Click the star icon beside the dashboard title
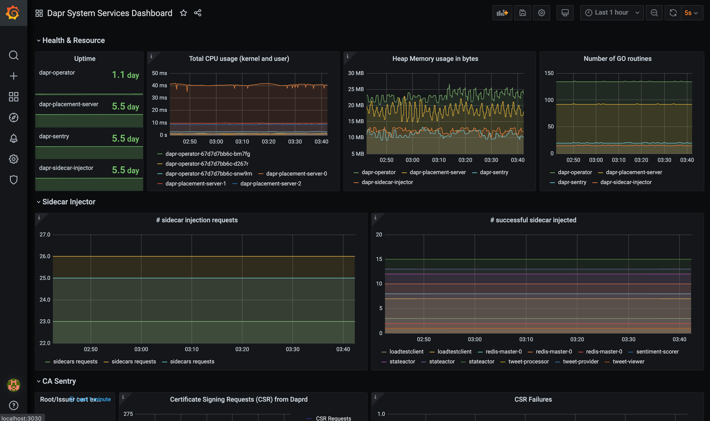[184, 13]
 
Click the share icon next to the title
[198, 13]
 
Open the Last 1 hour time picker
[612, 13]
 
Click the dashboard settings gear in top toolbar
[541, 13]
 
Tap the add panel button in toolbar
[502, 13]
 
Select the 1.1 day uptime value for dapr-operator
[125, 75]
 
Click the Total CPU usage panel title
[239, 59]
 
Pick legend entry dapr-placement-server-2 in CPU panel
[271, 184]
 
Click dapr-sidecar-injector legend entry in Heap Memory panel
[387, 182]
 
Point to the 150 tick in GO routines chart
[549, 73]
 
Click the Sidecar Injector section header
[69, 202]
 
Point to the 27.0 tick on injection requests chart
[45, 235]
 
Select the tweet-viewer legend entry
[628, 362]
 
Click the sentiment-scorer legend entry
[657, 351]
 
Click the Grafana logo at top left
[13, 13]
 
